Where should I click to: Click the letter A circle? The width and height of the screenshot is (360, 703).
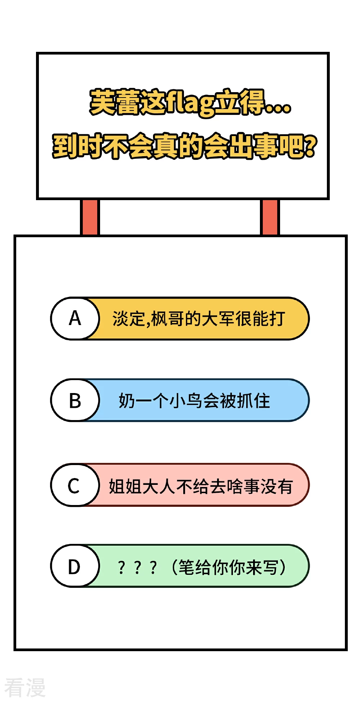pyautogui.click(x=75, y=319)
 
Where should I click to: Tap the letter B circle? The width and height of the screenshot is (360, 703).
pyautogui.click(x=75, y=400)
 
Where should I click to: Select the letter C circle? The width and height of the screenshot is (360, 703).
pyautogui.click(x=75, y=485)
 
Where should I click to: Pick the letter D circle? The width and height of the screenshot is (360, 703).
pyautogui.click(x=75, y=566)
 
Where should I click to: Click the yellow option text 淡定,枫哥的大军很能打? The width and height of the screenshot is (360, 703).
pyautogui.click(x=199, y=319)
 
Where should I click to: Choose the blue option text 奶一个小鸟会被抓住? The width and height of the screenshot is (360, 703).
pyautogui.click(x=194, y=401)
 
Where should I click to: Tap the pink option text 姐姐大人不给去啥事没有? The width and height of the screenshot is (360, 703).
pyautogui.click(x=201, y=486)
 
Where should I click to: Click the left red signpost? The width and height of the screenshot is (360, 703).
pyautogui.click(x=90, y=217)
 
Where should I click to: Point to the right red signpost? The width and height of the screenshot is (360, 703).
pyautogui.click(x=270, y=217)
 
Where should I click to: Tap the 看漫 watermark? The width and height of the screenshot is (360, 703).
pyautogui.click(x=25, y=687)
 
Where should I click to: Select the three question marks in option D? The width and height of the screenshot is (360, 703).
pyautogui.click(x=137, y=568)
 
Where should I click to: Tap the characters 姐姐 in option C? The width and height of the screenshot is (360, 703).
pyautogui.click(x=125, y=486)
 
